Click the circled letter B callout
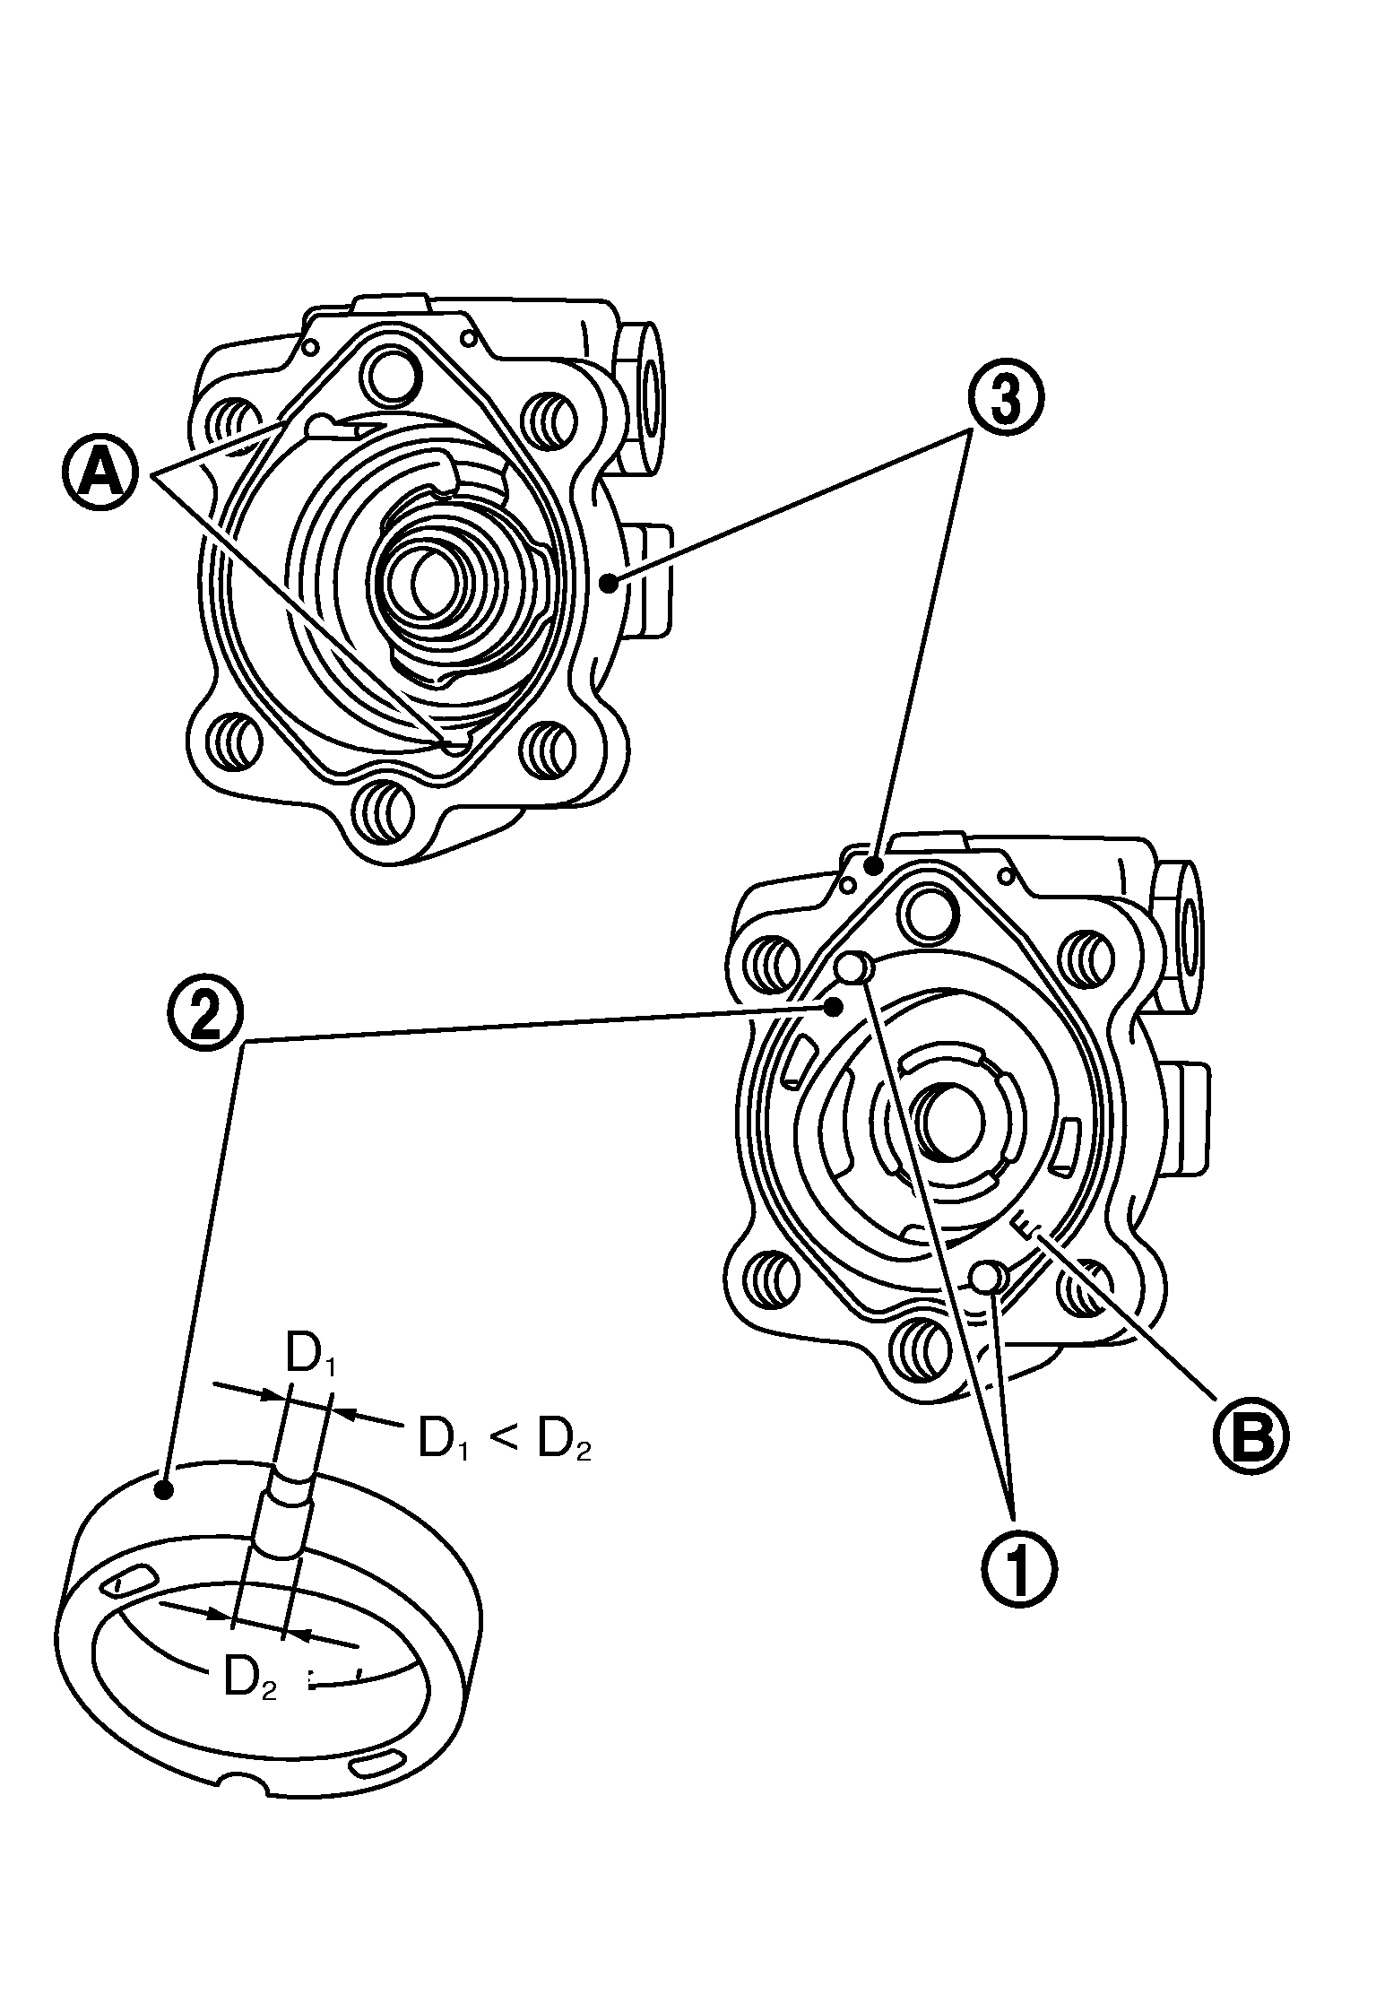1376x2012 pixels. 1250,1437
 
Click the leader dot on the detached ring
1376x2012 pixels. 163,1490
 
